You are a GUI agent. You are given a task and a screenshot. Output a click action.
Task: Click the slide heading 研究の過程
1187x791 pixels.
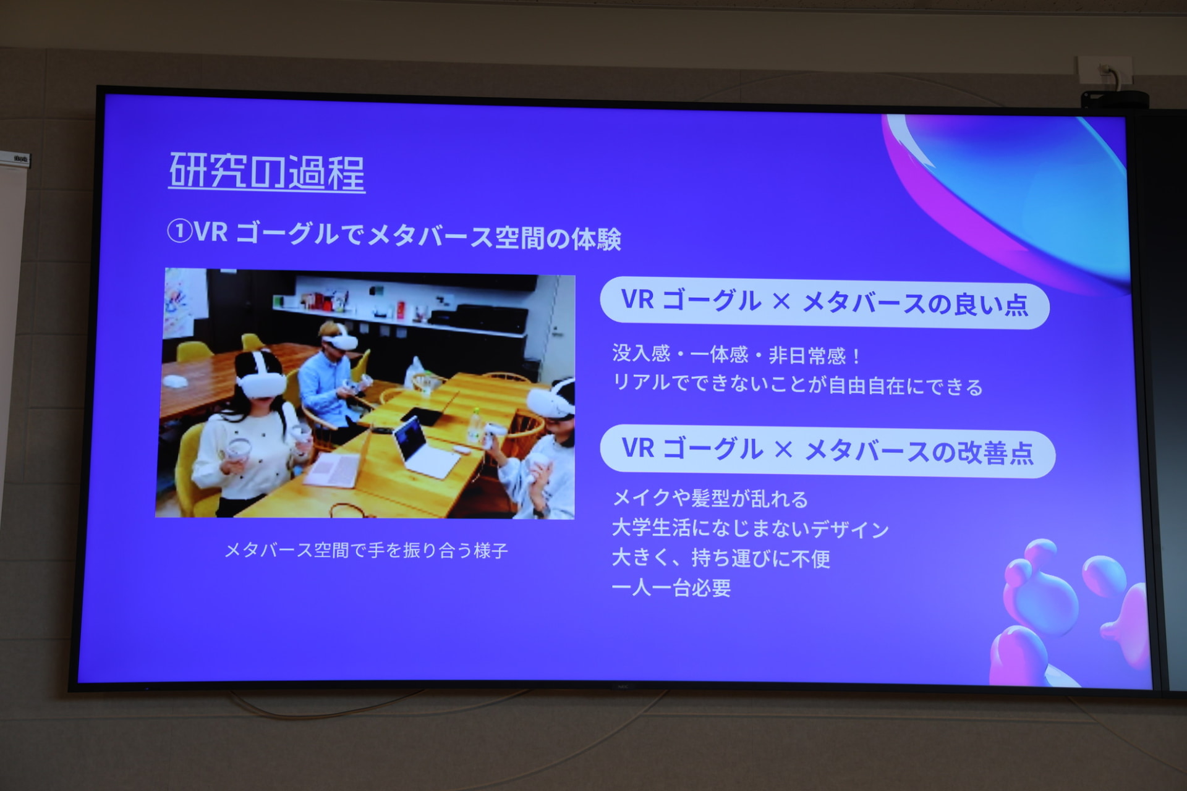click(266, 171)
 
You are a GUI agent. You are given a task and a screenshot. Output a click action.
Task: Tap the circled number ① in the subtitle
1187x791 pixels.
click(179, 232)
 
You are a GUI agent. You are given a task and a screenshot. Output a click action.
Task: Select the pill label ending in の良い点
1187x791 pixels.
click(824, 303)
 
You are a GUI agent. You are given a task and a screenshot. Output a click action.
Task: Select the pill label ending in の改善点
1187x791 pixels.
click(827, 451)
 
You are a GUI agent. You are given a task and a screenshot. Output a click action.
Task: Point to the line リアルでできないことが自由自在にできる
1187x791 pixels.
click(797, 385)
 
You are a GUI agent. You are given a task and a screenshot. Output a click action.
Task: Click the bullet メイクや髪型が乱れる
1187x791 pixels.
click(710, 498)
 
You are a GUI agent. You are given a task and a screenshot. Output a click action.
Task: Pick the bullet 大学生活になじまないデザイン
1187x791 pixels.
click(750, 528)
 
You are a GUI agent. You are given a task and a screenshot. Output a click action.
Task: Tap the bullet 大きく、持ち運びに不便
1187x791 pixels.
click(720, 558)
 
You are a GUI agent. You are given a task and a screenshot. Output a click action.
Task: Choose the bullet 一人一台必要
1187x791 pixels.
click(671, 588)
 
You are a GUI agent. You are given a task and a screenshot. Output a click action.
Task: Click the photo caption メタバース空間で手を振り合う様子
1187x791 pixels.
click(366, 550)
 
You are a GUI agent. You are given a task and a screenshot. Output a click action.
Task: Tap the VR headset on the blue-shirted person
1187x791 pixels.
click(339, 339)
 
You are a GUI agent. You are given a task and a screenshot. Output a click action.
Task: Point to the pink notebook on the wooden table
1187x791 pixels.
click(333, 470)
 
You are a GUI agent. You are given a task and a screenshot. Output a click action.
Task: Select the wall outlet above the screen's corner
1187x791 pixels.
click(1105, 70)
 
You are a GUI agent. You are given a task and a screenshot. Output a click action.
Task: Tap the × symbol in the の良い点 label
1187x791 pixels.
click(781, 302)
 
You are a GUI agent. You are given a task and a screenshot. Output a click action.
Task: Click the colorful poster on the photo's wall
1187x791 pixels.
click(184, 303)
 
